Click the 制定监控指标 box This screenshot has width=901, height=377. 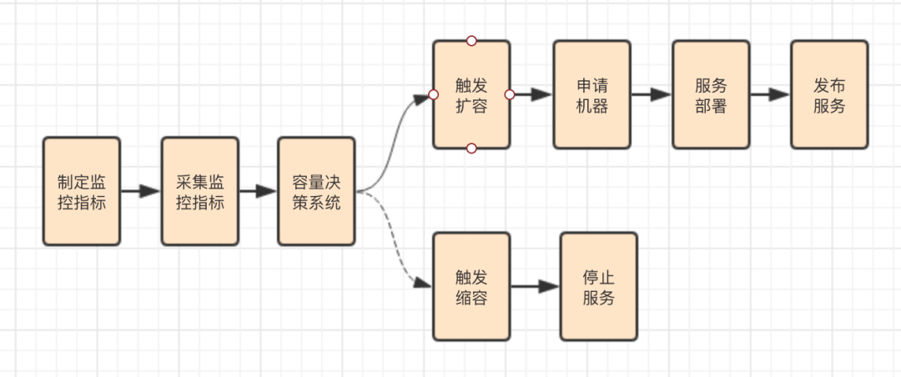(x=82, y=191)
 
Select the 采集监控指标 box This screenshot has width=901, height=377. (x=200, y=191)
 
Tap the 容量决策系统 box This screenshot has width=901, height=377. (x=316, y=191)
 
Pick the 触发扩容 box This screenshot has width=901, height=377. (x=471, y=94)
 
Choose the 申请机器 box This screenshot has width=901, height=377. (x=591, y=94)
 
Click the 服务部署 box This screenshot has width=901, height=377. (x=711, y=94)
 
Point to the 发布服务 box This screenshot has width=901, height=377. (x=829, y=94)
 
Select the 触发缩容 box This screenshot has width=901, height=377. (x=471, y=286)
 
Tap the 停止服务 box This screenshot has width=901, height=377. (x=598, y=286)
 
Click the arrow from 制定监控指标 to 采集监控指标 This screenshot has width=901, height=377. (x=140, y=191)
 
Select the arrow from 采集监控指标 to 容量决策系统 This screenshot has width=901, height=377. (x=258, y=191)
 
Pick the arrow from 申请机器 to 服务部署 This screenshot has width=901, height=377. (x=651, y=94)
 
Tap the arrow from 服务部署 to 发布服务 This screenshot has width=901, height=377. (x=770, y=94)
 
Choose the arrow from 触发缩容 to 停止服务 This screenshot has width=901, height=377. (x=535, y=286)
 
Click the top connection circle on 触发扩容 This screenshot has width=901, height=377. (x=471, y=40)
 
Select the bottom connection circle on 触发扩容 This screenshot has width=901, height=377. (x=471, y=148)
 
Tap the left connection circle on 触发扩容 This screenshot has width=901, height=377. (x=433, y=94)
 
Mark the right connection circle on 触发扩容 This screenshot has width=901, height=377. (x=510, y=94)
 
